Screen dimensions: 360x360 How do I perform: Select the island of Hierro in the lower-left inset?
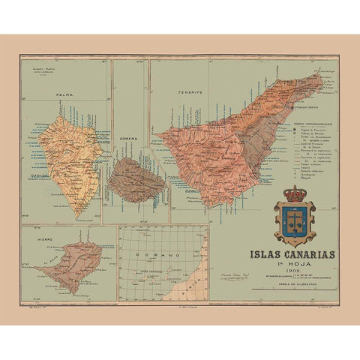[x=67, y=259]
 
